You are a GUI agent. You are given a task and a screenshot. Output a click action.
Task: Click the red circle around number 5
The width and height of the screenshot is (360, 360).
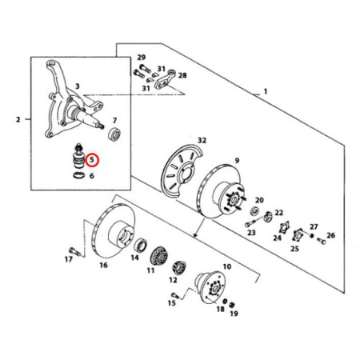point(92,154)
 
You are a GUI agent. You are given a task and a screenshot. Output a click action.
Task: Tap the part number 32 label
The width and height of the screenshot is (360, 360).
point(202,140)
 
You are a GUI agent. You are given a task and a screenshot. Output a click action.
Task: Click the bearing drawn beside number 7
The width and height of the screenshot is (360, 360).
point(115,134)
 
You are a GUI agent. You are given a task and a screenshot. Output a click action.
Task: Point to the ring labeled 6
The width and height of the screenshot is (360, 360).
point(78,175)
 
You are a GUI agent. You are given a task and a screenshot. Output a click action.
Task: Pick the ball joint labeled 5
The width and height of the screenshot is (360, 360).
point(78,157)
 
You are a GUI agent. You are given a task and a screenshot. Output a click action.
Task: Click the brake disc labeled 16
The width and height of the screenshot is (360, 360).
point(114,230)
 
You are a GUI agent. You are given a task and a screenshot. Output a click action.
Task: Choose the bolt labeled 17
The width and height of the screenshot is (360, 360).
point(74,251)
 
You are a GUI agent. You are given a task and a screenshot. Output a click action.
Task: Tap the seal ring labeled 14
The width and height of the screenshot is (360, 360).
point(140,246)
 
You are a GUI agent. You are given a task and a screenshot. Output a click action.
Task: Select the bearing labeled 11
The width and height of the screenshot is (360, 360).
point(159,256)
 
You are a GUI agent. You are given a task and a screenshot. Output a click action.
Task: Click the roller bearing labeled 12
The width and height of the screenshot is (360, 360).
point(179,267)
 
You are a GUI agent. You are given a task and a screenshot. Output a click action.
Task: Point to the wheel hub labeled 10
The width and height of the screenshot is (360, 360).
point(210,287)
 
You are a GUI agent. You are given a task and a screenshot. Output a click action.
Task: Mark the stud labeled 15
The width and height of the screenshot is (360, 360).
point(175,295)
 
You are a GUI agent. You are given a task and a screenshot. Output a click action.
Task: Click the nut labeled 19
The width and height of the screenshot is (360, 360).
point(232,304)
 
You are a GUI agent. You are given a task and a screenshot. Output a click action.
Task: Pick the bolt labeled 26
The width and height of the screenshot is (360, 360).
point(322,241)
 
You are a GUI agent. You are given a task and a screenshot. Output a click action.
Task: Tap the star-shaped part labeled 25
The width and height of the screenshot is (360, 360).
point(297,234)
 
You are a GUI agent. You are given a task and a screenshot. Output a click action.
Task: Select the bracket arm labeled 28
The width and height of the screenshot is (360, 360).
point(165,79)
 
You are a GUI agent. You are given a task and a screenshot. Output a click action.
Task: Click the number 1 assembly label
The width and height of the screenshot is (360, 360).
point(266,91)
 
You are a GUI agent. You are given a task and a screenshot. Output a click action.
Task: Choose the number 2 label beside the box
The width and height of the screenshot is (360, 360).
point(18,119)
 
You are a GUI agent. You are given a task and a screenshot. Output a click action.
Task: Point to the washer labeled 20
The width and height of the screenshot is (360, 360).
point(254,211)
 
